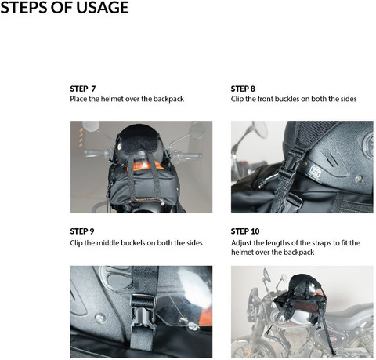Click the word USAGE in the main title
(103, 7)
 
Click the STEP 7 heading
(83, 89)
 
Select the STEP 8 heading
(243, 89)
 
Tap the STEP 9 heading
(82, 231)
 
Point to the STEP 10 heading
(245, 231)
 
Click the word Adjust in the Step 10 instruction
(241, 243)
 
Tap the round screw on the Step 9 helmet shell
(100, 318)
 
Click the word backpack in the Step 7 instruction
(168, 99)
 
